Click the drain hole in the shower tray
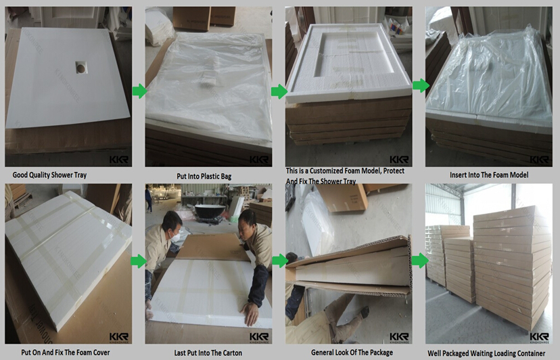click(x=80, y=66)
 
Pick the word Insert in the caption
click(x=461, y=175)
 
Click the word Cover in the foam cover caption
click(x=101, y=353)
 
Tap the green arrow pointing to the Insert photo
click(x=420, y=85)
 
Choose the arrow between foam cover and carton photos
click(x=139, y=261)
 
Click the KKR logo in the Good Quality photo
click(x=118, y=160)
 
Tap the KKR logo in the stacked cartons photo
click(x=539, y=337)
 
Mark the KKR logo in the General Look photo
click(x=399, y=337)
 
